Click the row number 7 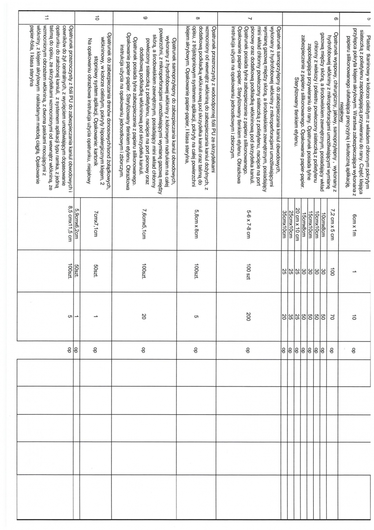coord(250,18)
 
